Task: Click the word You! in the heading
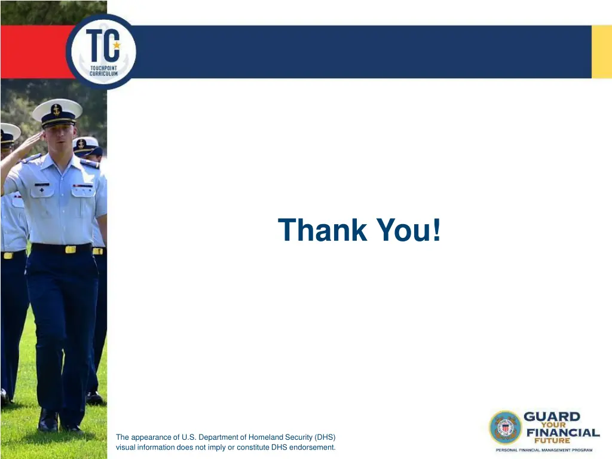409,230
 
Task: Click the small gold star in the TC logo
117,45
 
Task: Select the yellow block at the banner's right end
601,52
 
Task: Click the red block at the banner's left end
33,52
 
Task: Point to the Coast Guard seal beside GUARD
505,427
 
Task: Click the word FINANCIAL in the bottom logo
562,432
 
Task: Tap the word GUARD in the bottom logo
552,417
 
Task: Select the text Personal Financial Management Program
544,449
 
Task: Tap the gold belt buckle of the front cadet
71,249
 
